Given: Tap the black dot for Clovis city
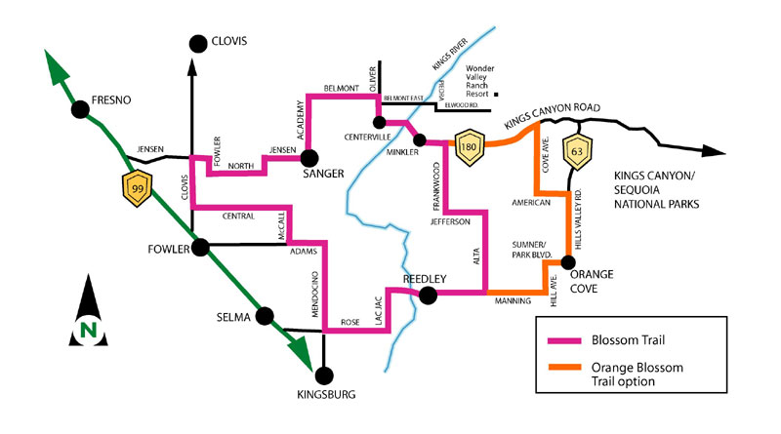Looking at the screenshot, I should pyautogui.click(x=198, y=42).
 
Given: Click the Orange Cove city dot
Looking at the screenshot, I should pyautogui.click(x=576, y=259).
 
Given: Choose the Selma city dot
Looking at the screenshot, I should pyautogui.click(x=262, y=317).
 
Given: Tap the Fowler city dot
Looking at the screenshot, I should pyautogui.click(x=201, y=248).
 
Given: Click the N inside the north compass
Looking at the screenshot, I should pyautogui.click(x=88, y=330).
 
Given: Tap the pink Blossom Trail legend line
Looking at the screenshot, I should pyautogui.click(x=566, y=339).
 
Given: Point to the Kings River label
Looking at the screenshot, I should pyautogui.click(x=445, y=54).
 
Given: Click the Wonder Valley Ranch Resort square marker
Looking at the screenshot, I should pyautogui.click(x=497, y=96).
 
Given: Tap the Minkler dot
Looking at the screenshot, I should pyautogui.click(x=420, y=140).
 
